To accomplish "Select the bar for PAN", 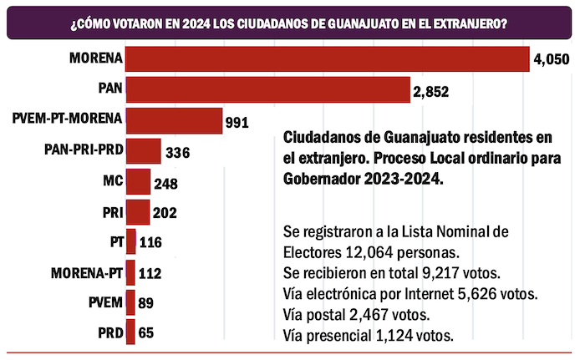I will point(267,89).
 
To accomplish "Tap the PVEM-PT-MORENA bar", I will point(174,121).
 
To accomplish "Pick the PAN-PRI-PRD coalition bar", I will point(143,151).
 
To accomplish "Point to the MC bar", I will point(138,181).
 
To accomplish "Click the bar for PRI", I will point(137,212).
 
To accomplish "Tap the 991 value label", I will point(237,123).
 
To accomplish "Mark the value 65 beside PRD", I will point(145,333).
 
